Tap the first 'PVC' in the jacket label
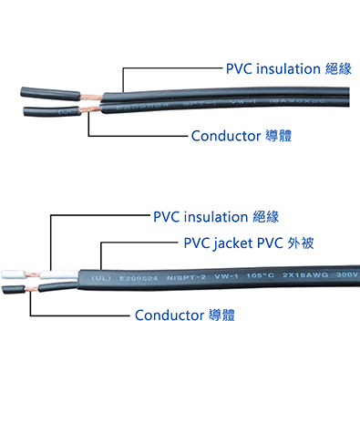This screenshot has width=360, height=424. tap(197, 244)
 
